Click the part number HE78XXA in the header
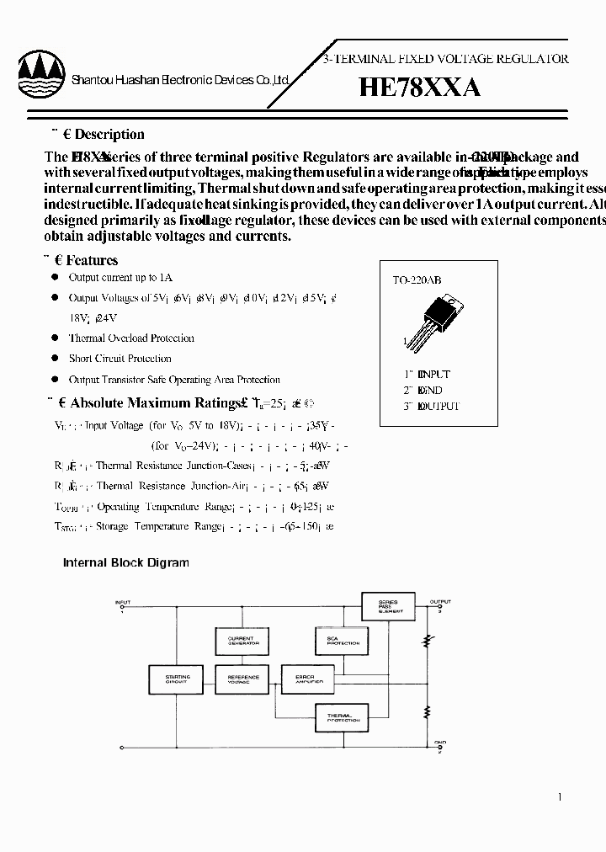419,88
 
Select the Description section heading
109,135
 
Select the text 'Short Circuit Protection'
120,359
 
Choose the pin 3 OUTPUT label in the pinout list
431,406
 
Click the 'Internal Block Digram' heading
126,562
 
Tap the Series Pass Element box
388,607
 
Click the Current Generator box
244,642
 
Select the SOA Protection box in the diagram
341,642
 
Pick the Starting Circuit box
178,679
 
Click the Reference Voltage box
244,679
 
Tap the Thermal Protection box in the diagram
343,717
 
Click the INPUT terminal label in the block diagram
123,602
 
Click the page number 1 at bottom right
560,796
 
